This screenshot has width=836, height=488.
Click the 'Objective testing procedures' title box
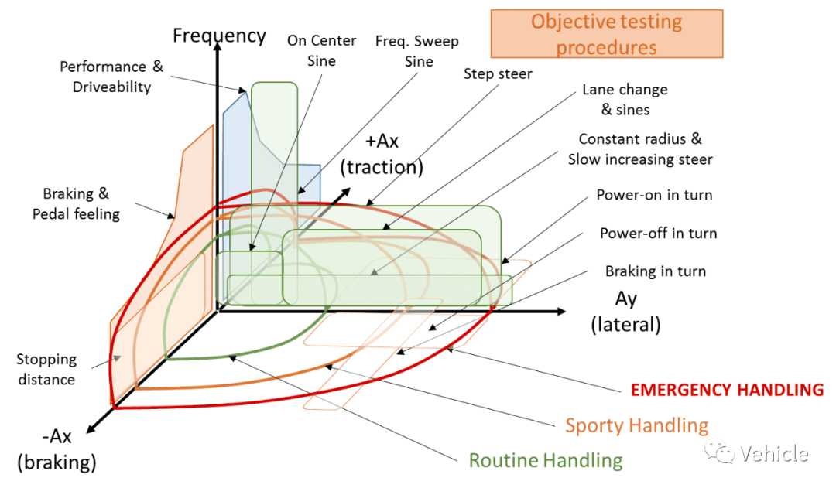(607, 33)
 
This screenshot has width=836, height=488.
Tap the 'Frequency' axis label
(219, 36)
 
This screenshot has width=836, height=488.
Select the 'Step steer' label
(498, 73)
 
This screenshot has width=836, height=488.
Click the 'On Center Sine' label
(321, 50)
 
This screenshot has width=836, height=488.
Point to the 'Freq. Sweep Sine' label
(417, 51)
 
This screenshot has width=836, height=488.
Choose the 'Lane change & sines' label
(625, 100)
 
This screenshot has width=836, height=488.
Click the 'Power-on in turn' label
(654, 195)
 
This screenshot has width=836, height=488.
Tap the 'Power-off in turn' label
(659, 234)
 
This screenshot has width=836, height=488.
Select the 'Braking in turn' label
(656, 271)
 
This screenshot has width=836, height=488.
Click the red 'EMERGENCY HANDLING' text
(727, 390)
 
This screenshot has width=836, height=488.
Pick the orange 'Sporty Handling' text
(636, 425)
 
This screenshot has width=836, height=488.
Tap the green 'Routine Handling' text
(546, 460)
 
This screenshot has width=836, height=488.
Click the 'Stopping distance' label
(46, 369)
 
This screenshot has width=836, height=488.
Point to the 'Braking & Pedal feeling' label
(76, 203)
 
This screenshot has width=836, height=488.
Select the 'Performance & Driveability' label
(111, 77)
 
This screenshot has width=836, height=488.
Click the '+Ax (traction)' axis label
(382, 154)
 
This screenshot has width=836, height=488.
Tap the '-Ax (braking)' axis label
(57, 449)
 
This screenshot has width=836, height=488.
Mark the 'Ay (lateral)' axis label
(625, 312)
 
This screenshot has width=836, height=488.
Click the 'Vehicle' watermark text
(774, 453)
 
